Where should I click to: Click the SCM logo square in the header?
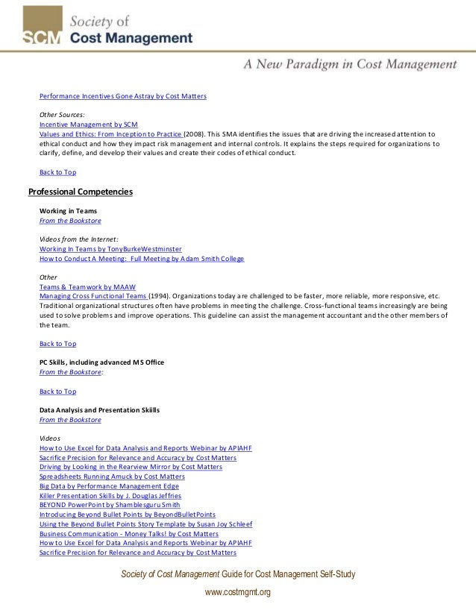(42, 26)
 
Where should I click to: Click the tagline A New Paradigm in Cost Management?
(350, 65)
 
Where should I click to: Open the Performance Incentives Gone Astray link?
(122, 96)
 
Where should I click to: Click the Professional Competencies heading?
(81, 192)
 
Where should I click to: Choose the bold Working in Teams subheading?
(68, 211)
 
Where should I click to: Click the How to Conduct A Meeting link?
(142, 258)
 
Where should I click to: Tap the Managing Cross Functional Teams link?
(93, 296)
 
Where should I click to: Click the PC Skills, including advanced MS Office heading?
(101, 362)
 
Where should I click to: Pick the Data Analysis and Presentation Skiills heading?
(99, 410)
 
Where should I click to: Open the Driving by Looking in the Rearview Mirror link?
(131, 467)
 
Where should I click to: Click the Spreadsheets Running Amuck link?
(112, 477)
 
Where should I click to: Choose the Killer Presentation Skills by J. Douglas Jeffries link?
(110, 495)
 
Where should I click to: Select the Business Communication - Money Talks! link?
(128, 534)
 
